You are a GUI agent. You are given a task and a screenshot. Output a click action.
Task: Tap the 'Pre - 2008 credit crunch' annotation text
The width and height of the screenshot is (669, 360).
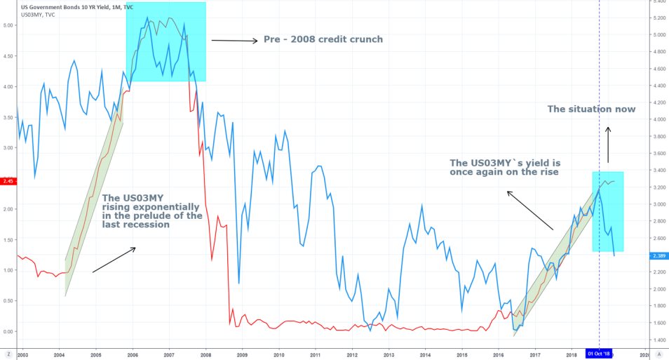(x=323, y=39)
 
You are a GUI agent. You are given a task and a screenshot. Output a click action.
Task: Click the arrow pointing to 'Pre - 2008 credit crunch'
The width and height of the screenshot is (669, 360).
(x=234, y=41)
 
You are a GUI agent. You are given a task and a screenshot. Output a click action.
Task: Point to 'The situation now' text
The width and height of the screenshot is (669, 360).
(x=591, y=109)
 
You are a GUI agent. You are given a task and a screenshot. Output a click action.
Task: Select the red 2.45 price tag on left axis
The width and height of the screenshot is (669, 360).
(x=7, y=181)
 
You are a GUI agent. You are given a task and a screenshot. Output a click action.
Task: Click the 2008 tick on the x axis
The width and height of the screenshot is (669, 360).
(x=205, y=355)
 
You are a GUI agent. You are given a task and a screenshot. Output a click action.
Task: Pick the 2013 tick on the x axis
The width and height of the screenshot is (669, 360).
(x=388, y=355)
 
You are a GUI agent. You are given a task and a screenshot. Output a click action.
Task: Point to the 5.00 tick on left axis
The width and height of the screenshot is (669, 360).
(x=8, y=25)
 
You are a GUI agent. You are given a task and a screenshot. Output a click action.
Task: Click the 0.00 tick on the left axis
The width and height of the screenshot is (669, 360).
(x=8, y=331)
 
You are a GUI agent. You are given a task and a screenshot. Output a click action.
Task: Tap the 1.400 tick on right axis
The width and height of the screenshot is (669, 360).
(x=658, y=340)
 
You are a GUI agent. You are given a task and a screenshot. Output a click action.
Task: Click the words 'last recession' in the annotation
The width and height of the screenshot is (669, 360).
(x=135, y=225)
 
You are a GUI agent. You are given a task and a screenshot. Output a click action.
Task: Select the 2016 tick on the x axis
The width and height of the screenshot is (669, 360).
(x=499, y=355)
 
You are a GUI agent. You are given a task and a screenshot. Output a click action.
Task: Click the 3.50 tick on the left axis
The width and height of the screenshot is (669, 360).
(x=8, y=117)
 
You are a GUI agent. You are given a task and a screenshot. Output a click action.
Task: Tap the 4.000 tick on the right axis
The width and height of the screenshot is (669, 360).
(x=658, y=119)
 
